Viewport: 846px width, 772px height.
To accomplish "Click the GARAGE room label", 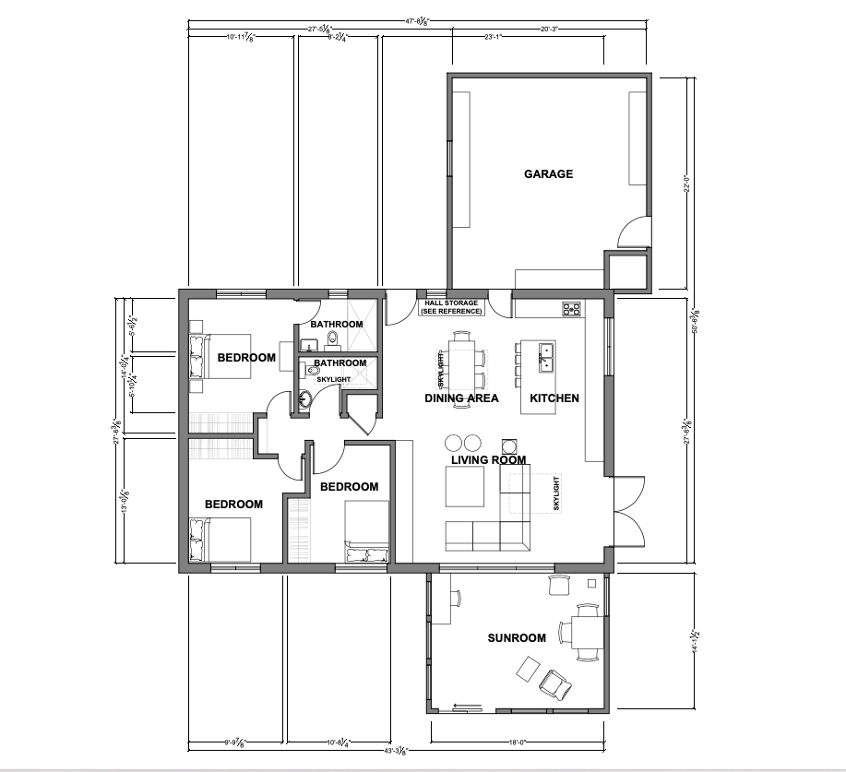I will pyautogui.click(x=548, y=173).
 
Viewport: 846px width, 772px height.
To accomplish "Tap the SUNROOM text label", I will pyautogui.click(x=517, y=637).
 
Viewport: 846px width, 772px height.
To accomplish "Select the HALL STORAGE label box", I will pyautogui.click(x=450, y=307).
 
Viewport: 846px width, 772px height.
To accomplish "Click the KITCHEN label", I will pyautogui.click(x=554, y=398).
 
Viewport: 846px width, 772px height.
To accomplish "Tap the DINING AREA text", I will pyautogui.click(x=461, y=398).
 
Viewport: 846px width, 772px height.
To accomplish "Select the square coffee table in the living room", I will pyautogui.click(x=464, y=486).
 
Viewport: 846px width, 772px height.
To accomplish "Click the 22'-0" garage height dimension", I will pyautogui.click(x=685, y=184).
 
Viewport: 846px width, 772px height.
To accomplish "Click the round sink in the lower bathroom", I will pyautogui.click(x=305, y=401).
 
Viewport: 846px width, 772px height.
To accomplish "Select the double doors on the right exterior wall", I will pyautogui.click(x=627, y=512).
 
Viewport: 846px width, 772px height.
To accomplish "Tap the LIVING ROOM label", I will pyautogui.click(x=488, y=459).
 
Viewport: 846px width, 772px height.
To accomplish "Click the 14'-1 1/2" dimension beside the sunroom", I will pyautogui.click(x=693, y=640).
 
